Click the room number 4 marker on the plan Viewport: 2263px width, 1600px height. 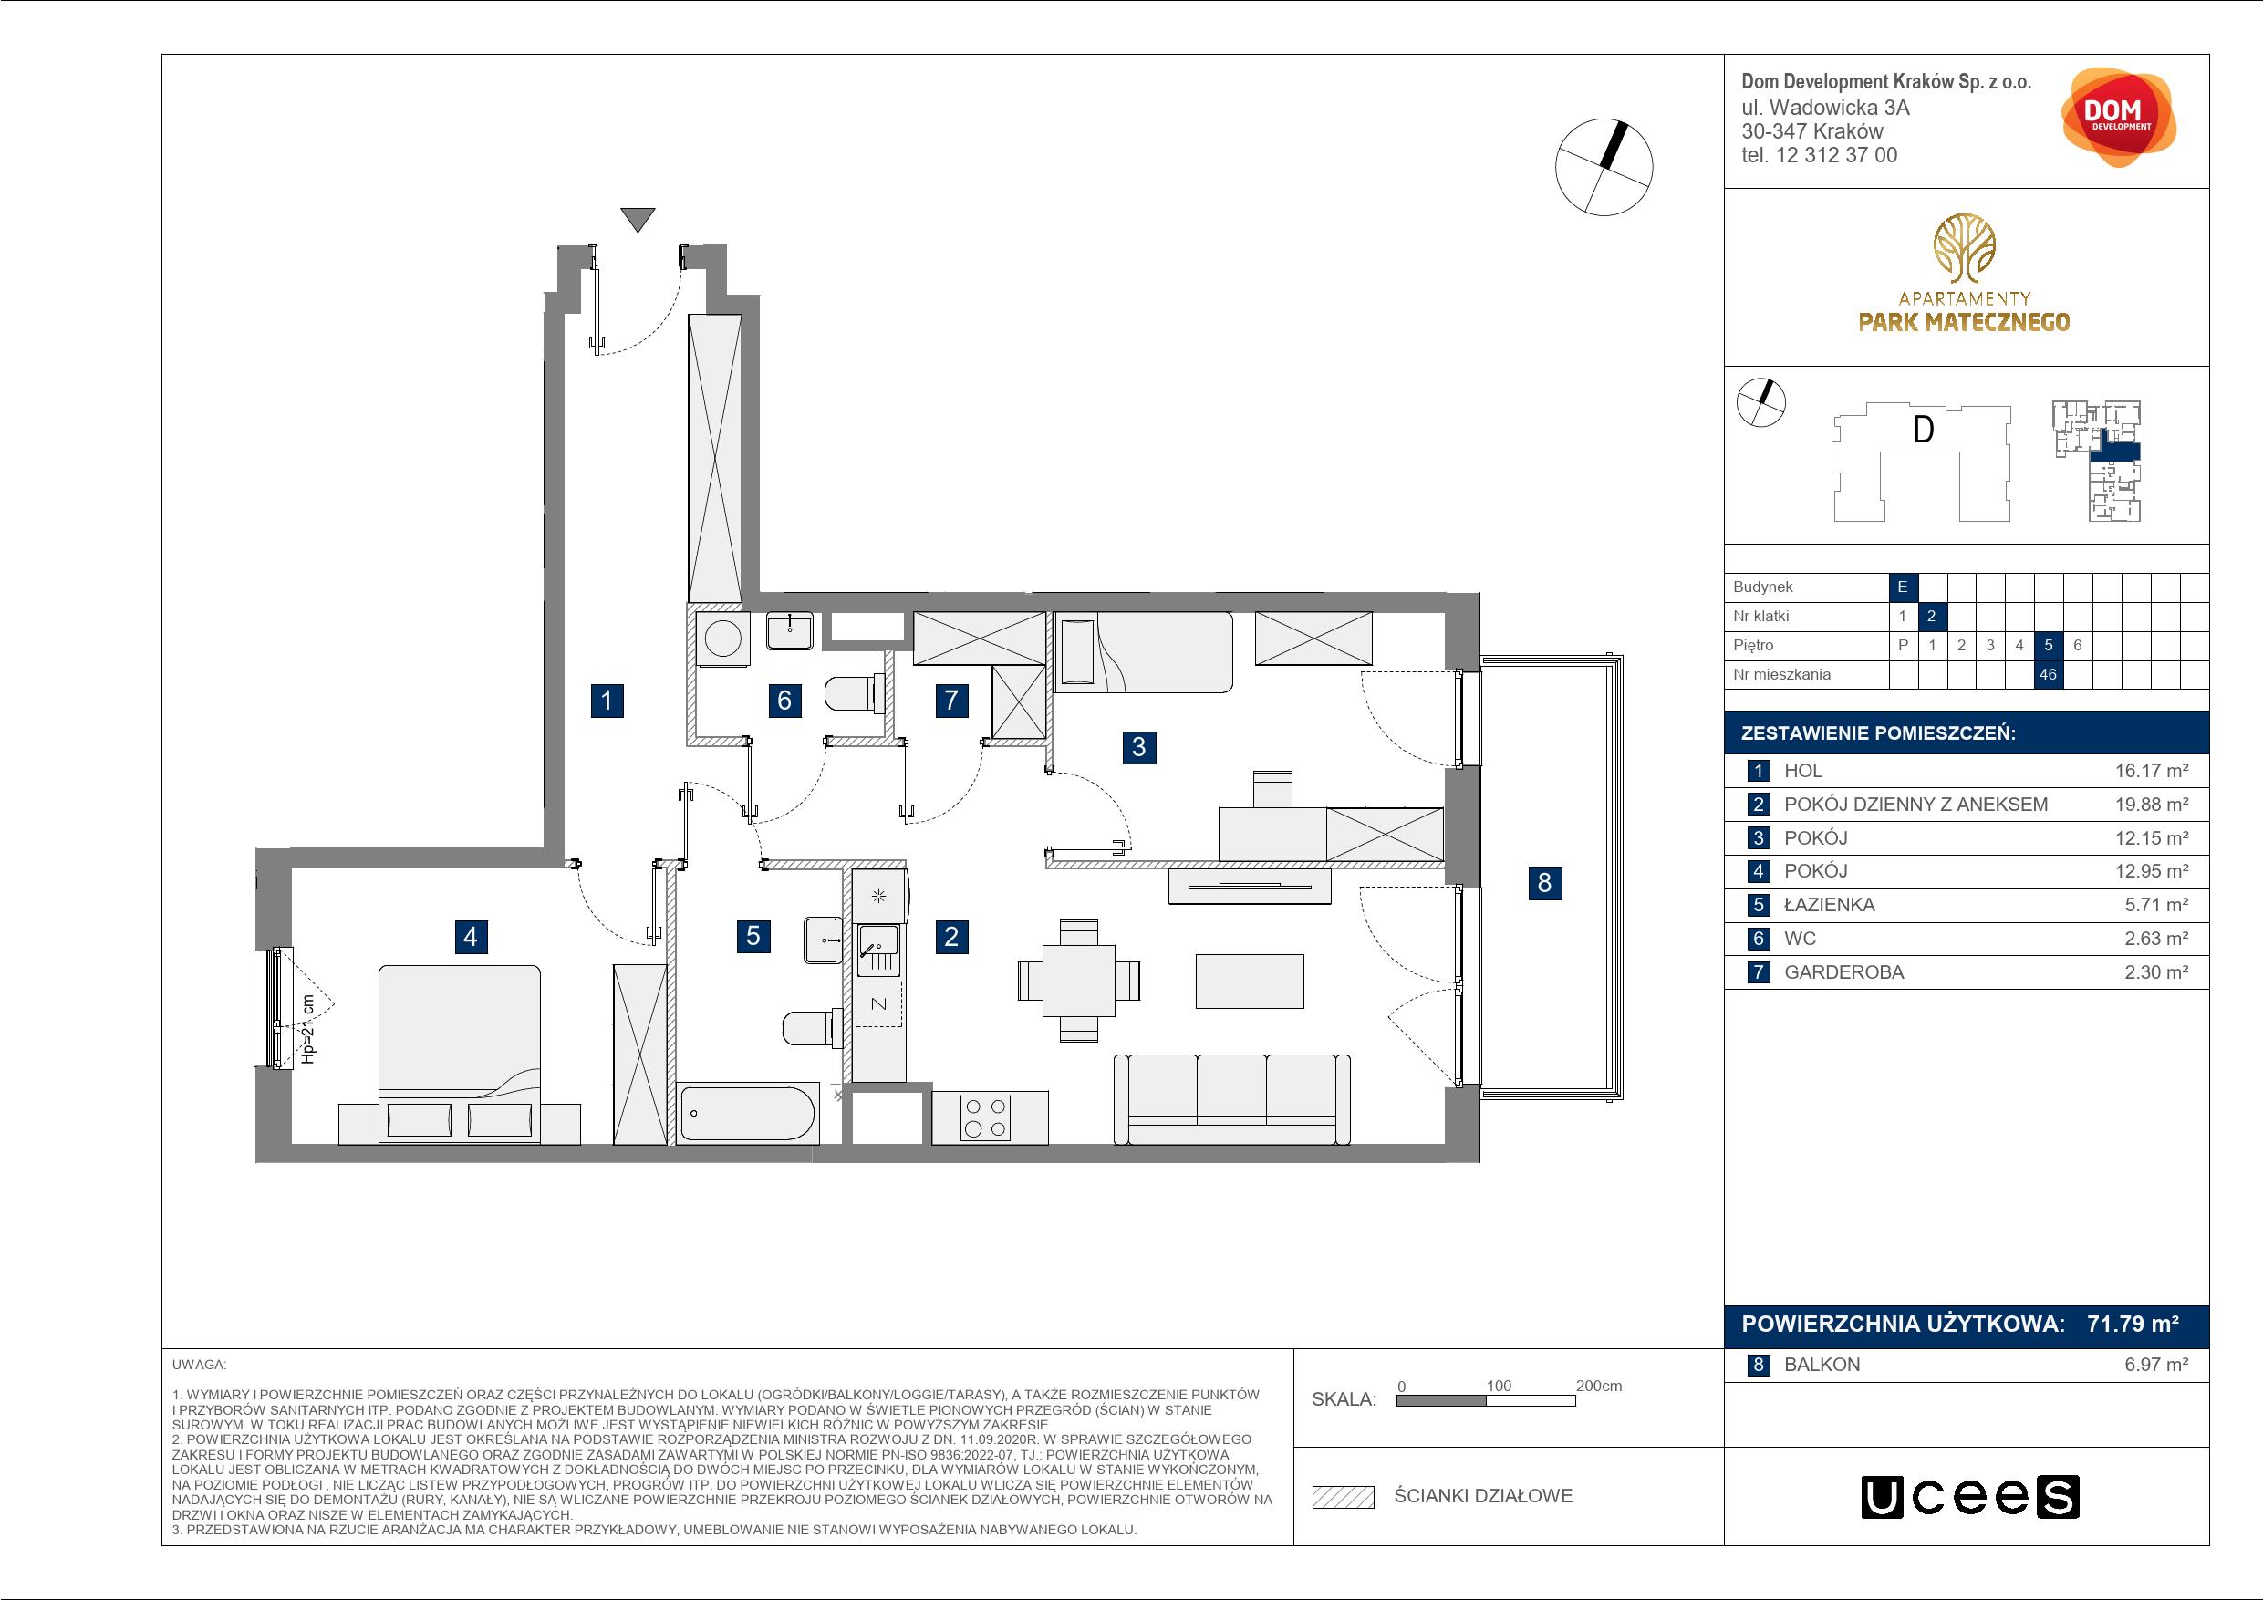(470, 936)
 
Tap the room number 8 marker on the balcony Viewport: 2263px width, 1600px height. (1544, 881)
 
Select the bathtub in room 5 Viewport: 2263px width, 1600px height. (748, 1113)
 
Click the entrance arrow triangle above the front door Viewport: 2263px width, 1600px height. (638, 220)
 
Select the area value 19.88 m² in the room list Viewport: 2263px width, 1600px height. (2152, 805)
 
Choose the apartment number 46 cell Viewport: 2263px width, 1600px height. (2048, 674)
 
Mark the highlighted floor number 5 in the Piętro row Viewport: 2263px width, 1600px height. (2048, 646)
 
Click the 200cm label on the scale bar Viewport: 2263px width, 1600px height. (1599, 1385)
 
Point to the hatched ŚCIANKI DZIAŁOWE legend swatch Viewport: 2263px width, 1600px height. (1343, 1497)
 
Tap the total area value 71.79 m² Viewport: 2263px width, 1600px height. (2133, 1323)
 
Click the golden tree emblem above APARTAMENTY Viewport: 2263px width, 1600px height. (1964, 247)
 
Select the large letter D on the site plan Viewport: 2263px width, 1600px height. (1923, 430)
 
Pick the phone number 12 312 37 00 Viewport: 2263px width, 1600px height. (1835, 155)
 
